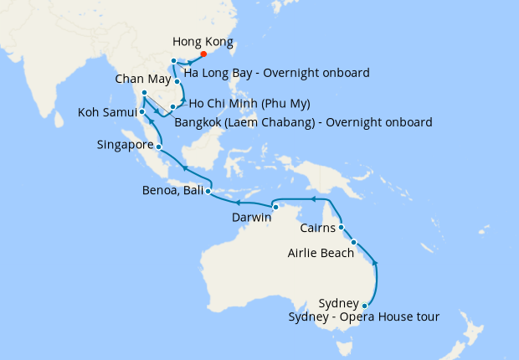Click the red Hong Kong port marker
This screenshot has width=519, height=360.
pos(204,56)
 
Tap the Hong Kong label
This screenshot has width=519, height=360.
pos(203,42)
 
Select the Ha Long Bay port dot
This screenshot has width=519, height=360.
pos(173,61)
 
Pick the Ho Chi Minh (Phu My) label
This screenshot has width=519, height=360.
pos(249,104)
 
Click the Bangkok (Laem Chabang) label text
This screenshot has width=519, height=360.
pos(304,122)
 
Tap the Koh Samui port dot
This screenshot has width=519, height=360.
pos(142,111)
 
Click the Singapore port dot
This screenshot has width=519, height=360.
pos(159,147)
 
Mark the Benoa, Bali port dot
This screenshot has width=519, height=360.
pos(208,192)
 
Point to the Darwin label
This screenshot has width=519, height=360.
pos(251,218)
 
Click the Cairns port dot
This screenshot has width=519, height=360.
pos(342,226)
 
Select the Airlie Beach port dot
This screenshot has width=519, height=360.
pos(354,243)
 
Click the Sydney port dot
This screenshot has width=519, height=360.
pos(365,306)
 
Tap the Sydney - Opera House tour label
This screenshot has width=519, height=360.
pos(363,316)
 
